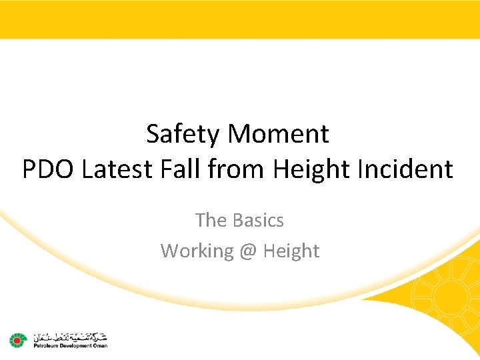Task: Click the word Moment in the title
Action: [x=278, y=135]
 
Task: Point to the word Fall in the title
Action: [x=180, y=170]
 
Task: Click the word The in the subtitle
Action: [x=211, y=220]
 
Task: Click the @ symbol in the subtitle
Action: [x=247, y=251]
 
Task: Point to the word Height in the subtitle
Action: [x=291, y=251]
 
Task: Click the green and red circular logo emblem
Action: [x=17, y=340]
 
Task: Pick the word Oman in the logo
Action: [x=101, y=345]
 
